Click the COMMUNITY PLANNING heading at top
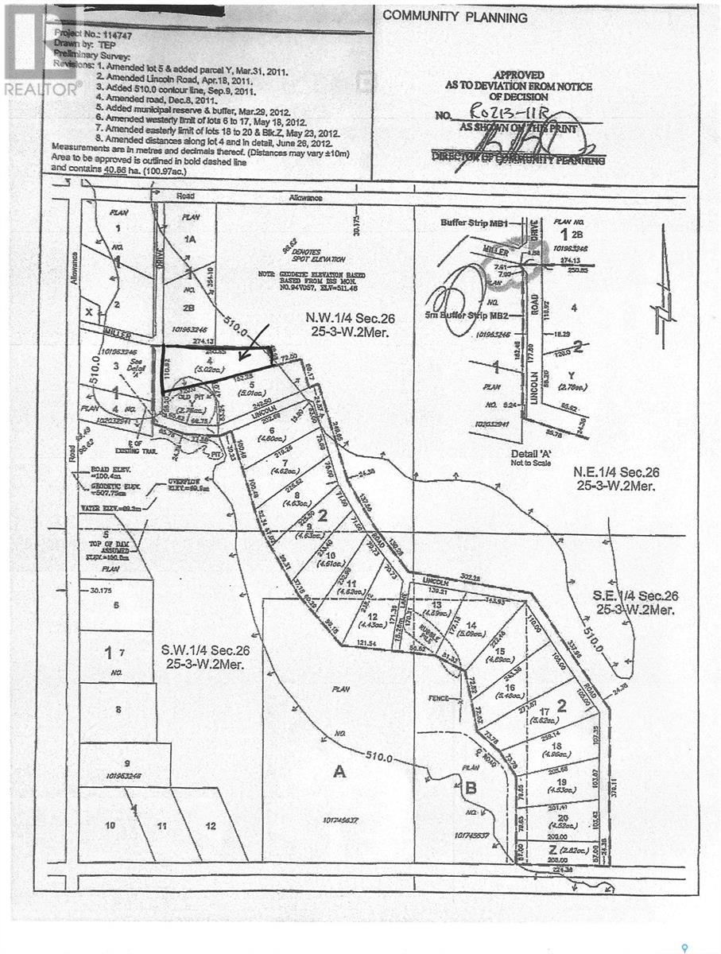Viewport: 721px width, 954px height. pyautogui.click(x=455, y=17)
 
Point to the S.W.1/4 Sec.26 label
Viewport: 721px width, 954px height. pyautogui.click(x=205, y=657)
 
